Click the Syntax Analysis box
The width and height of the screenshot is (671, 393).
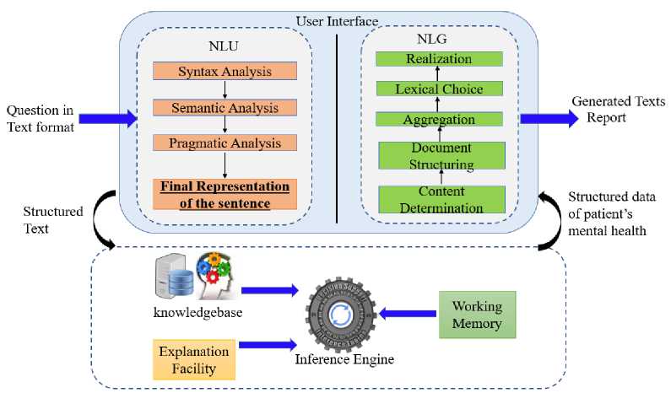click(225, 71)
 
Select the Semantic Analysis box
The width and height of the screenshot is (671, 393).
click(225, 107)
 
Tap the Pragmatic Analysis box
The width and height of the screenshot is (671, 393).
click(225, 143)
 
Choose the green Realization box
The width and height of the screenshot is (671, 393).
click(438, 58)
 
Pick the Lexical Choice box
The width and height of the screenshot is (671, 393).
click(438, 88)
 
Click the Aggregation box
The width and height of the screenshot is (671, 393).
click(438, 120)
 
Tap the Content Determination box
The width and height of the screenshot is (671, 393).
click(438, 199)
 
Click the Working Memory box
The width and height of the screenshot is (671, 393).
click(477, 314)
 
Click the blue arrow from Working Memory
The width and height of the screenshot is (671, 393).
click(404, 314)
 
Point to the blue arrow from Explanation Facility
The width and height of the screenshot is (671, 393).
click(269, 344)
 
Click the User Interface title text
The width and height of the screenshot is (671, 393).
click(336, 19)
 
